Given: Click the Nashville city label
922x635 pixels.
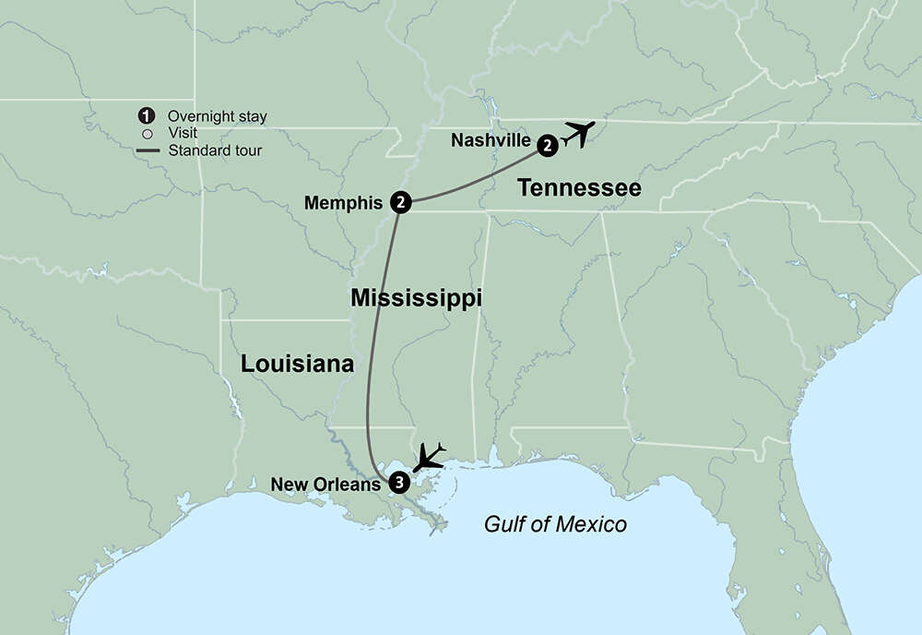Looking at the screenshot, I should (x=491, y=141).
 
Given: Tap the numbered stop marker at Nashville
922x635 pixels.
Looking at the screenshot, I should (x=548, y=144).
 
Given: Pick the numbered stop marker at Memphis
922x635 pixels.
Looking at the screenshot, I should (x=400, y=201).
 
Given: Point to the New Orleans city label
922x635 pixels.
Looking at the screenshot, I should (x=325, y=483).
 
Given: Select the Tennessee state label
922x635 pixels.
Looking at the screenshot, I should (x=578, y=188).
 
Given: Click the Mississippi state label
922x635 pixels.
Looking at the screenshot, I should (x=417, y=298).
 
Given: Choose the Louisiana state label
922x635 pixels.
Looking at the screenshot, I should (x=297, y=364).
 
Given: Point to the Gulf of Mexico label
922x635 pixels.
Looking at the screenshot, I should (x=555, y=524).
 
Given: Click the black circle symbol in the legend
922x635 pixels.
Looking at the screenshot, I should (x=145, y=115).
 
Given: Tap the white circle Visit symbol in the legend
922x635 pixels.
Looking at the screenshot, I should (x=146, y=133).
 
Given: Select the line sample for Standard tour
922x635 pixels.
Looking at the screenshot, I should (x=146, y=150).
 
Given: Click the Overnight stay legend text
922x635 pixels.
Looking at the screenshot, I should (x=218, y=116).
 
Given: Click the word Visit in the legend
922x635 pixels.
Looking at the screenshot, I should (x=183, y=133).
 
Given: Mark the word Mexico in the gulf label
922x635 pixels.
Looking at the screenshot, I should (x=593, y=524).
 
